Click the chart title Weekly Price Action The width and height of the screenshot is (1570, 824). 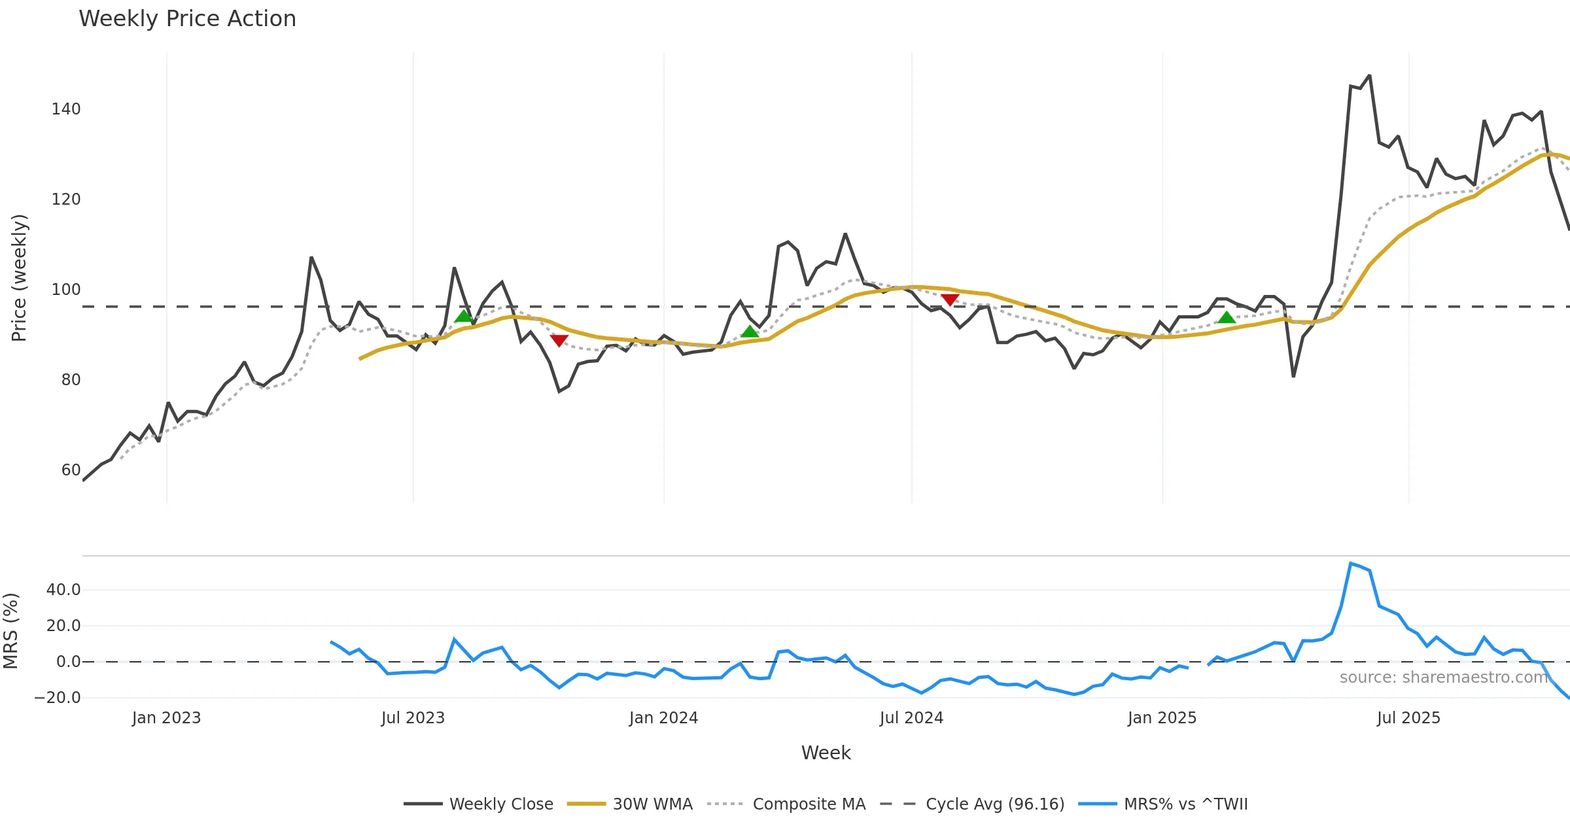(x=187, y=19)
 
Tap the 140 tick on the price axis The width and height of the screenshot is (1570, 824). (x=66, y=109)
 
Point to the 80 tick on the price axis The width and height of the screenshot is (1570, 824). (x=71, y=380)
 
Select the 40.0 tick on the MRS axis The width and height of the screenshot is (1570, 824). (x=63, y=590)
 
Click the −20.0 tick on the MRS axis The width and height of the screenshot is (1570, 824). (x=58, y=698)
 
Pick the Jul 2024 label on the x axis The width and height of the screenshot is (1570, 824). (x=911, y=718)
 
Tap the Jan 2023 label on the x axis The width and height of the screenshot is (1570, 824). (x=166, y=718)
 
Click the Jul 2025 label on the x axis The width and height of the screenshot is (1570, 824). (x=1408, y=718)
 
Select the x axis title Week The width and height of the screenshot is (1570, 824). (x=826, y=753)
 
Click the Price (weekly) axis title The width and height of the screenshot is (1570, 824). (x=19, y=278)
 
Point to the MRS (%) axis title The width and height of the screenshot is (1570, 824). (x=10, y=631)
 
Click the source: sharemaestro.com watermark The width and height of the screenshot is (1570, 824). (x=1443, y=678)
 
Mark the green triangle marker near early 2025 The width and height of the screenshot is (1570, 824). (x=1227, y=318)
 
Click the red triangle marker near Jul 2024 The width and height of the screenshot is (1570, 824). (x=950, y=300)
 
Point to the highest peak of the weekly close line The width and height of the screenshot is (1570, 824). (x=1369, y=76)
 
